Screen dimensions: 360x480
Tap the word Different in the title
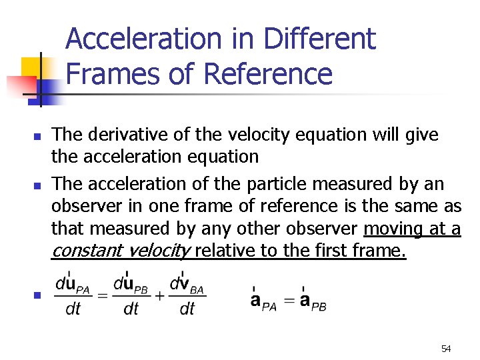click(320, 40)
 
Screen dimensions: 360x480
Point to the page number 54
click(446, 349)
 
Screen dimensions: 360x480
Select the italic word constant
click(86, 251)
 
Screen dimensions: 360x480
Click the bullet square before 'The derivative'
click(37, 137)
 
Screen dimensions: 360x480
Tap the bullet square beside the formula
click(37, 295)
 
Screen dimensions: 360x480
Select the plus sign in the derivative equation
click(159, 295)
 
